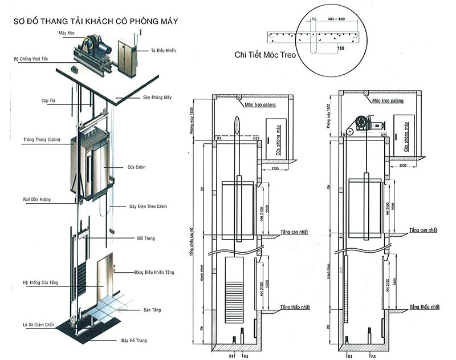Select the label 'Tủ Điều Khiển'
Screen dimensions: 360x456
coord(163,51)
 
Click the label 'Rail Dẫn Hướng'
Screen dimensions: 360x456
coord(35,199)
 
